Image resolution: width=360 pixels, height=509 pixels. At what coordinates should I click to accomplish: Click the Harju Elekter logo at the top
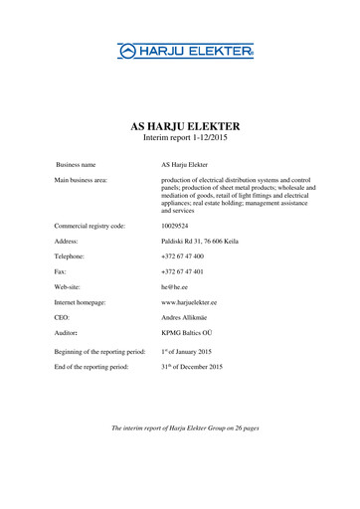coord(186,50)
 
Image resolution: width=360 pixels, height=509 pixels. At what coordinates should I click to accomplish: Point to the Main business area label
coord(83,179)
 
